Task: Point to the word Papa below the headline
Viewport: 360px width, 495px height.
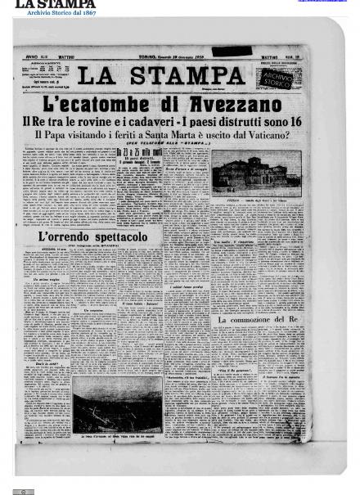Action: [65, 134]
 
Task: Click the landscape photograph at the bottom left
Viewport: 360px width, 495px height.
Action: [117, 403]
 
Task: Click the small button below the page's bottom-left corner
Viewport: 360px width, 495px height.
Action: [24, 491]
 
